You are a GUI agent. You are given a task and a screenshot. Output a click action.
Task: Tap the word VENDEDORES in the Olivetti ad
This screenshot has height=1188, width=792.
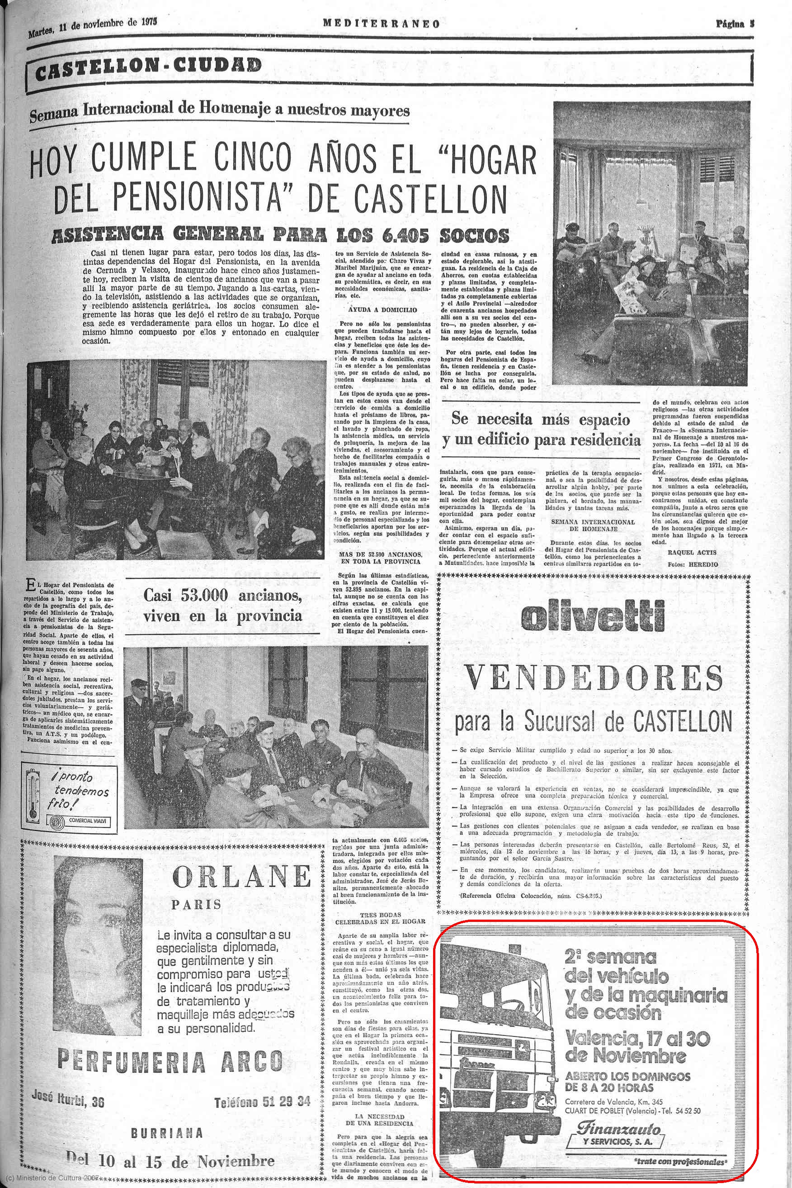coord(594,677)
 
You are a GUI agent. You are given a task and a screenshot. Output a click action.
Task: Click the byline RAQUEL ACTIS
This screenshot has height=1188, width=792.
coord(692,553)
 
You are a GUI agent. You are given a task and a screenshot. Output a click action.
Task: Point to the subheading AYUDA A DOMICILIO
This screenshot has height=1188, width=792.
coord(382,309)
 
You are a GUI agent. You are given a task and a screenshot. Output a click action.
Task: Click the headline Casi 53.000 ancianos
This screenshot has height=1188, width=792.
coord(223,596)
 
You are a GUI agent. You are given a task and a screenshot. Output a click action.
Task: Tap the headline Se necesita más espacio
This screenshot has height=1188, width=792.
coord(541,420)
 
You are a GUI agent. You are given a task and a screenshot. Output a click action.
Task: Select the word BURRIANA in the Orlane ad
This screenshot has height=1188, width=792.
coord(167,1133)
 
